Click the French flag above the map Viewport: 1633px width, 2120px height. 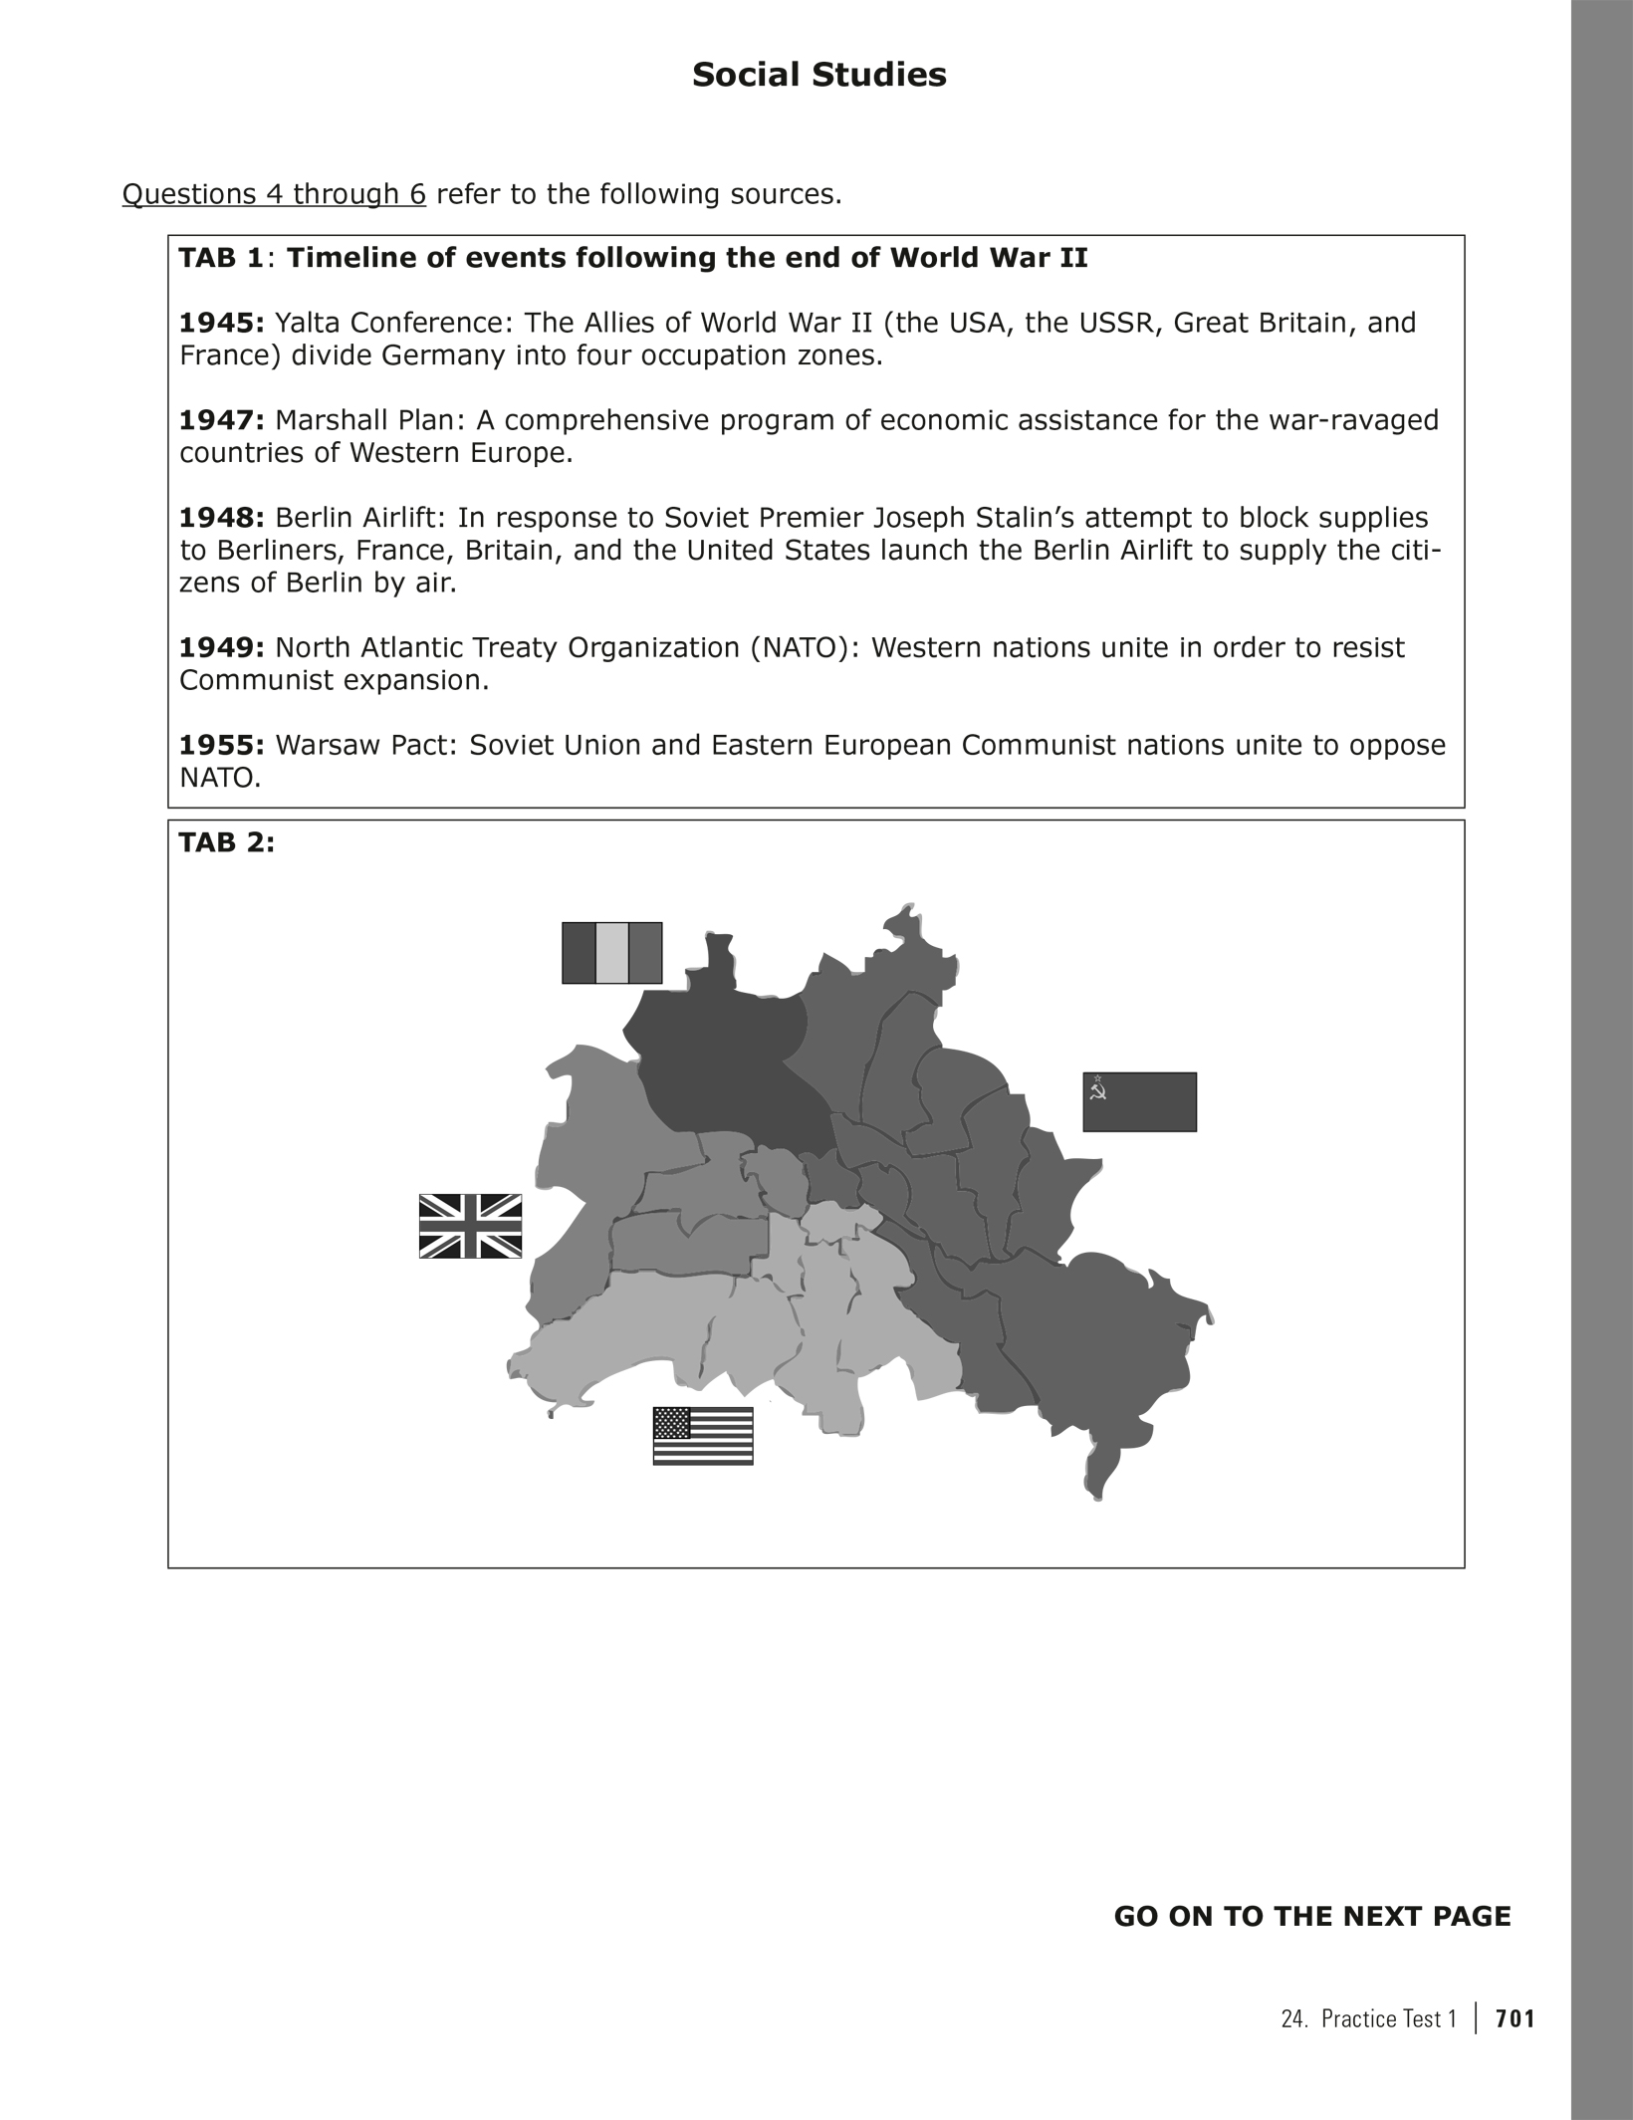pyautogui.click(x=611, y=953)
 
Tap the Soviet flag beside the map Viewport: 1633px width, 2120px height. pyautogui.click(x=1139, y=1101)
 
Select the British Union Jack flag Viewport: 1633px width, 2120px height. pyautogui.click(x=470, y=1226)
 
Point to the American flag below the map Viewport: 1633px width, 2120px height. pyautogui.click(x=702, y=1436)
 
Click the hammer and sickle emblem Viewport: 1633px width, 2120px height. pyautogui.click(x=1098, y=1092)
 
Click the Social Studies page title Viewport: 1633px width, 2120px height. pyautogui.click(x=818, y=76)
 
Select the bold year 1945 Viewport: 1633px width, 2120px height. pyautogui.click(x=220, y=323)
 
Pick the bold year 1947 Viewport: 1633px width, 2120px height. pyautogui.click(x=220, y=420)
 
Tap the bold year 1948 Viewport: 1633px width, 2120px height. pyautogui.click(x=220, y=518)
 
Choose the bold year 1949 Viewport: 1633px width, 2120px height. pyautogui.click(x=220, y=647)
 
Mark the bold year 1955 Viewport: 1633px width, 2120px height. pyautogui.click(x=220, y=745)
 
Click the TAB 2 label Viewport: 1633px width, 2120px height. pyautogui.click(x=226, y=842)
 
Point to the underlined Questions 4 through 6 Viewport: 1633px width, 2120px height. pyautogui.click(x=274, y=194)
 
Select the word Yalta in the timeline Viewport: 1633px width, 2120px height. pyautogui.click(x=306, y=323)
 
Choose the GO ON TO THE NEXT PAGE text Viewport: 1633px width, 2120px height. pyautogui.click(x=1311, y=1916)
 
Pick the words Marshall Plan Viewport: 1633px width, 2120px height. pyautogui.click(x=367, y=420)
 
